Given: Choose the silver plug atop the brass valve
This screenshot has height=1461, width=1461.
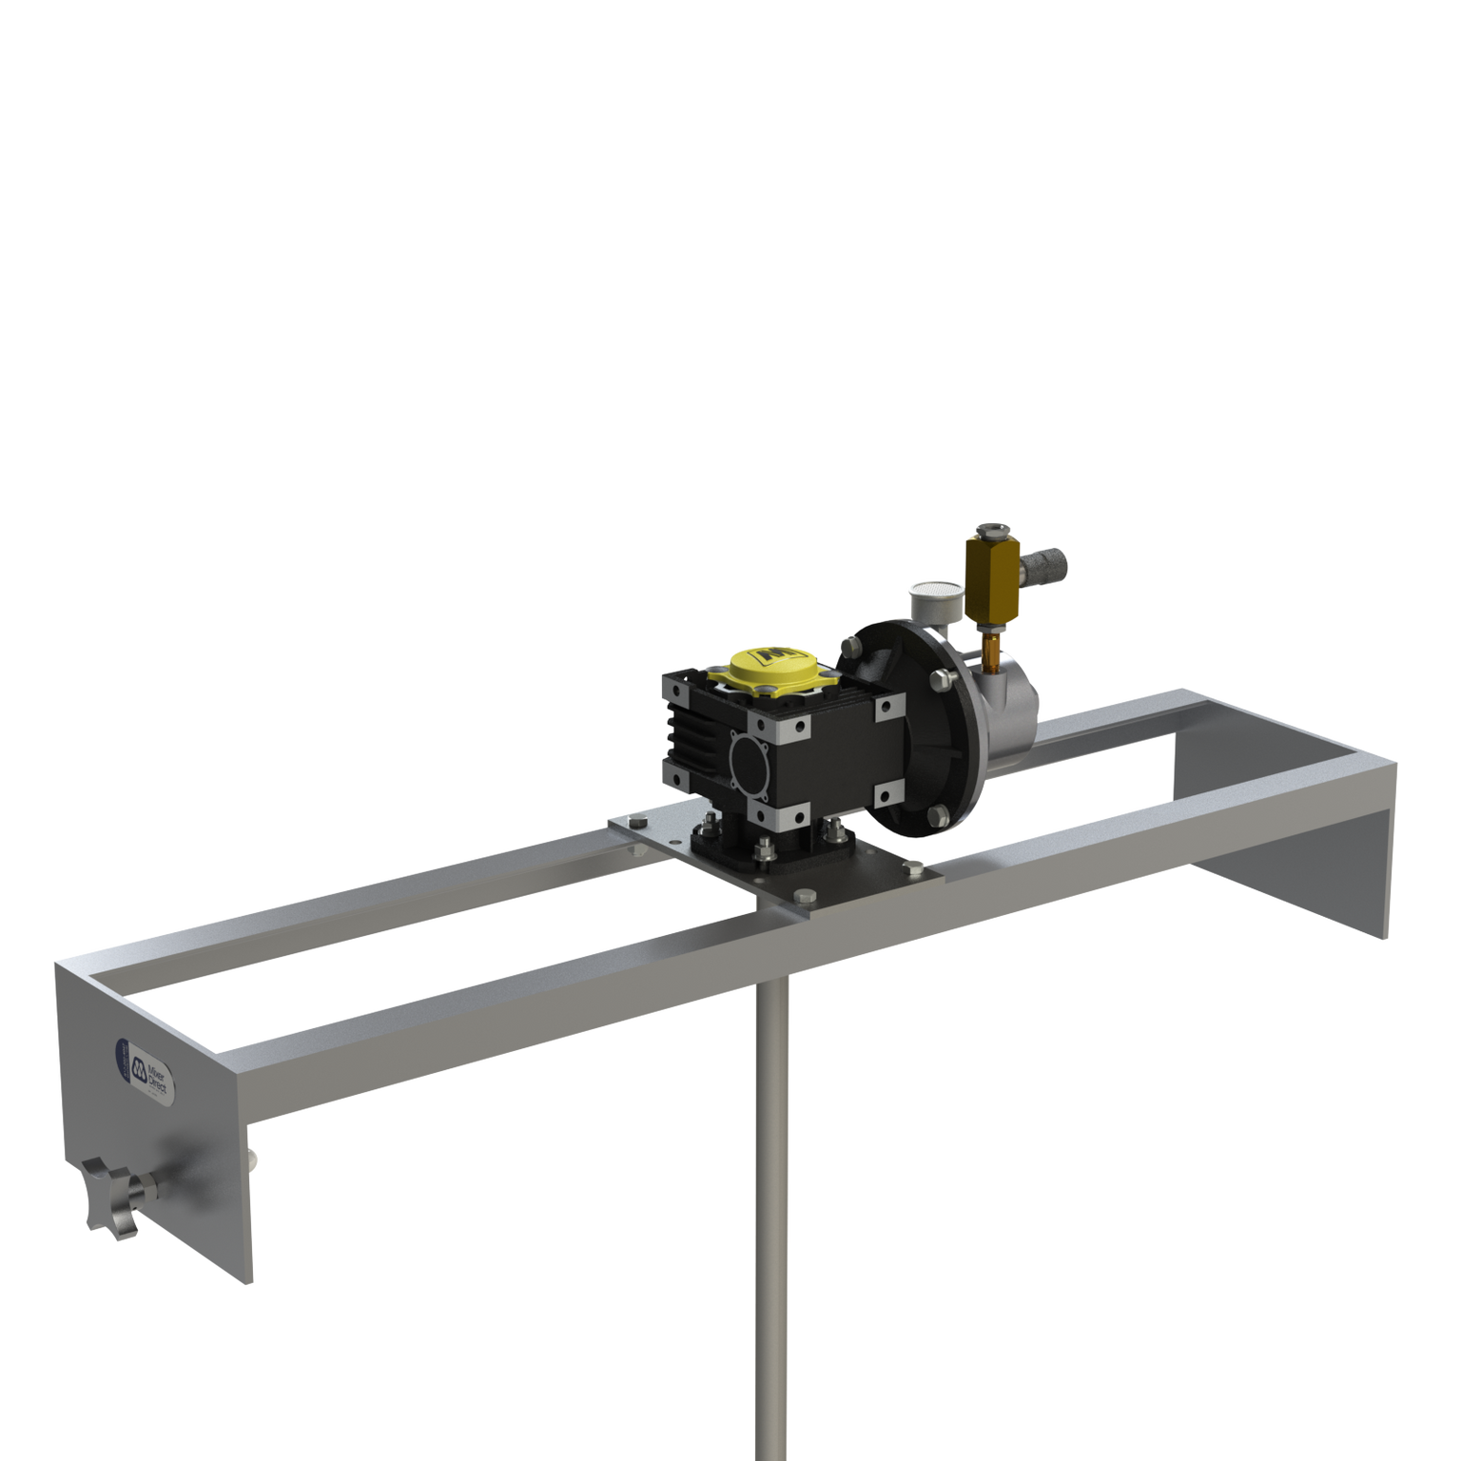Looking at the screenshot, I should click(992, 530).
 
